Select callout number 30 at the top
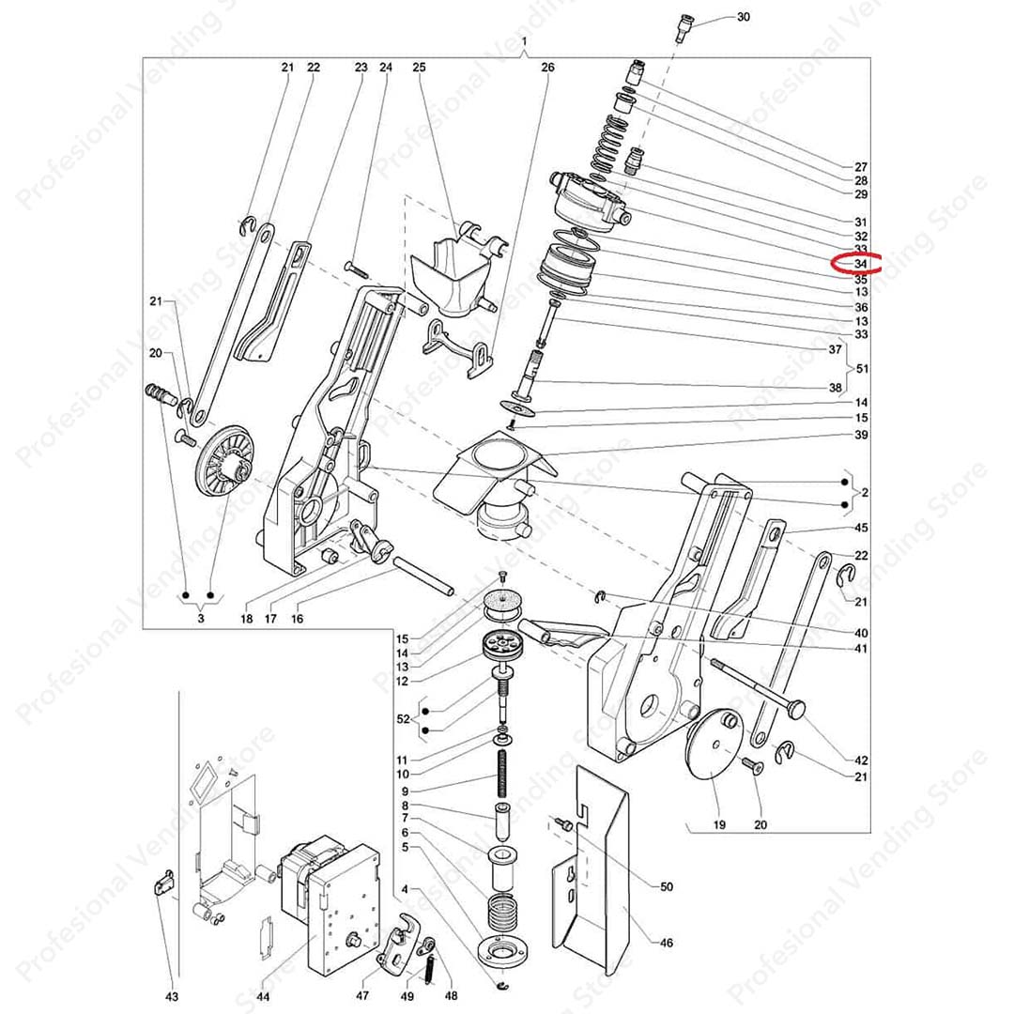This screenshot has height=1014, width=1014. (x=744, y=18)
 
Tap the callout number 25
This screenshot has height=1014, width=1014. (x=419, y=68)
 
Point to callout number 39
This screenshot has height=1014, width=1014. (x=861, y=435)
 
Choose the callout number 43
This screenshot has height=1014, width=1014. (x=172, y=997)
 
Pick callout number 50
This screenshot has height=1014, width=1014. (x=667, y=886)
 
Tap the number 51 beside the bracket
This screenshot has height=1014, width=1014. (x=862, y=368)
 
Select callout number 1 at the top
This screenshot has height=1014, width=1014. (x=524, y=43)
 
